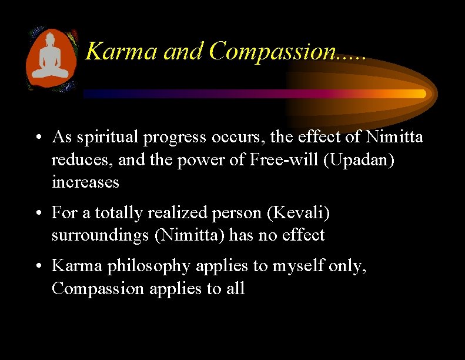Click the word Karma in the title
(x=122, y=51)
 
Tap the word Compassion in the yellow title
(x=269, y=51)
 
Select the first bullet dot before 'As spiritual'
(x=36, y=138)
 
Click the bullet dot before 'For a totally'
(x=36, y=213)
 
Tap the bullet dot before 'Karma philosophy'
(x=36, y=266)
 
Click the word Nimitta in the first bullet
(x=394, y=137)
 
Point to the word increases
(x=85, y=182)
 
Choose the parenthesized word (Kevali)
(x=298, y=212)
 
